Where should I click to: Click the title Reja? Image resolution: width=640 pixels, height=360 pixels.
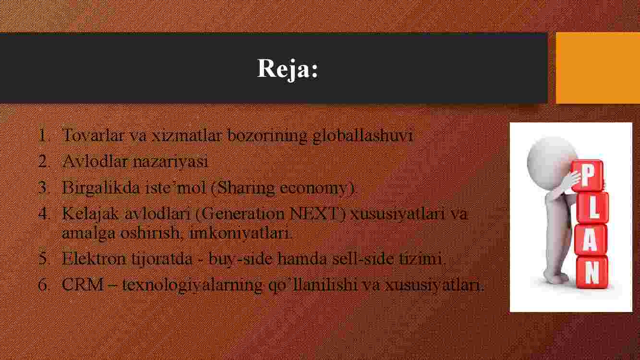[x=288, y=69]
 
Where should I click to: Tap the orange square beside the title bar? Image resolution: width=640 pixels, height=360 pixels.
[x=598, y=68]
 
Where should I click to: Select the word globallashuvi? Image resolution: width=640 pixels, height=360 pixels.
[x=363, y=136]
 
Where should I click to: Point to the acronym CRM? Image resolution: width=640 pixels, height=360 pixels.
[x=83, y=285]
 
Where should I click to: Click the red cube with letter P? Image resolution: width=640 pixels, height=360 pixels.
[x=588, y=175]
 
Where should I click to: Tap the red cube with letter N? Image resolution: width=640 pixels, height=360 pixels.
[x=592, y=273]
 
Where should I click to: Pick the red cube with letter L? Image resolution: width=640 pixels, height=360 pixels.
[x=592, y=208]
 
